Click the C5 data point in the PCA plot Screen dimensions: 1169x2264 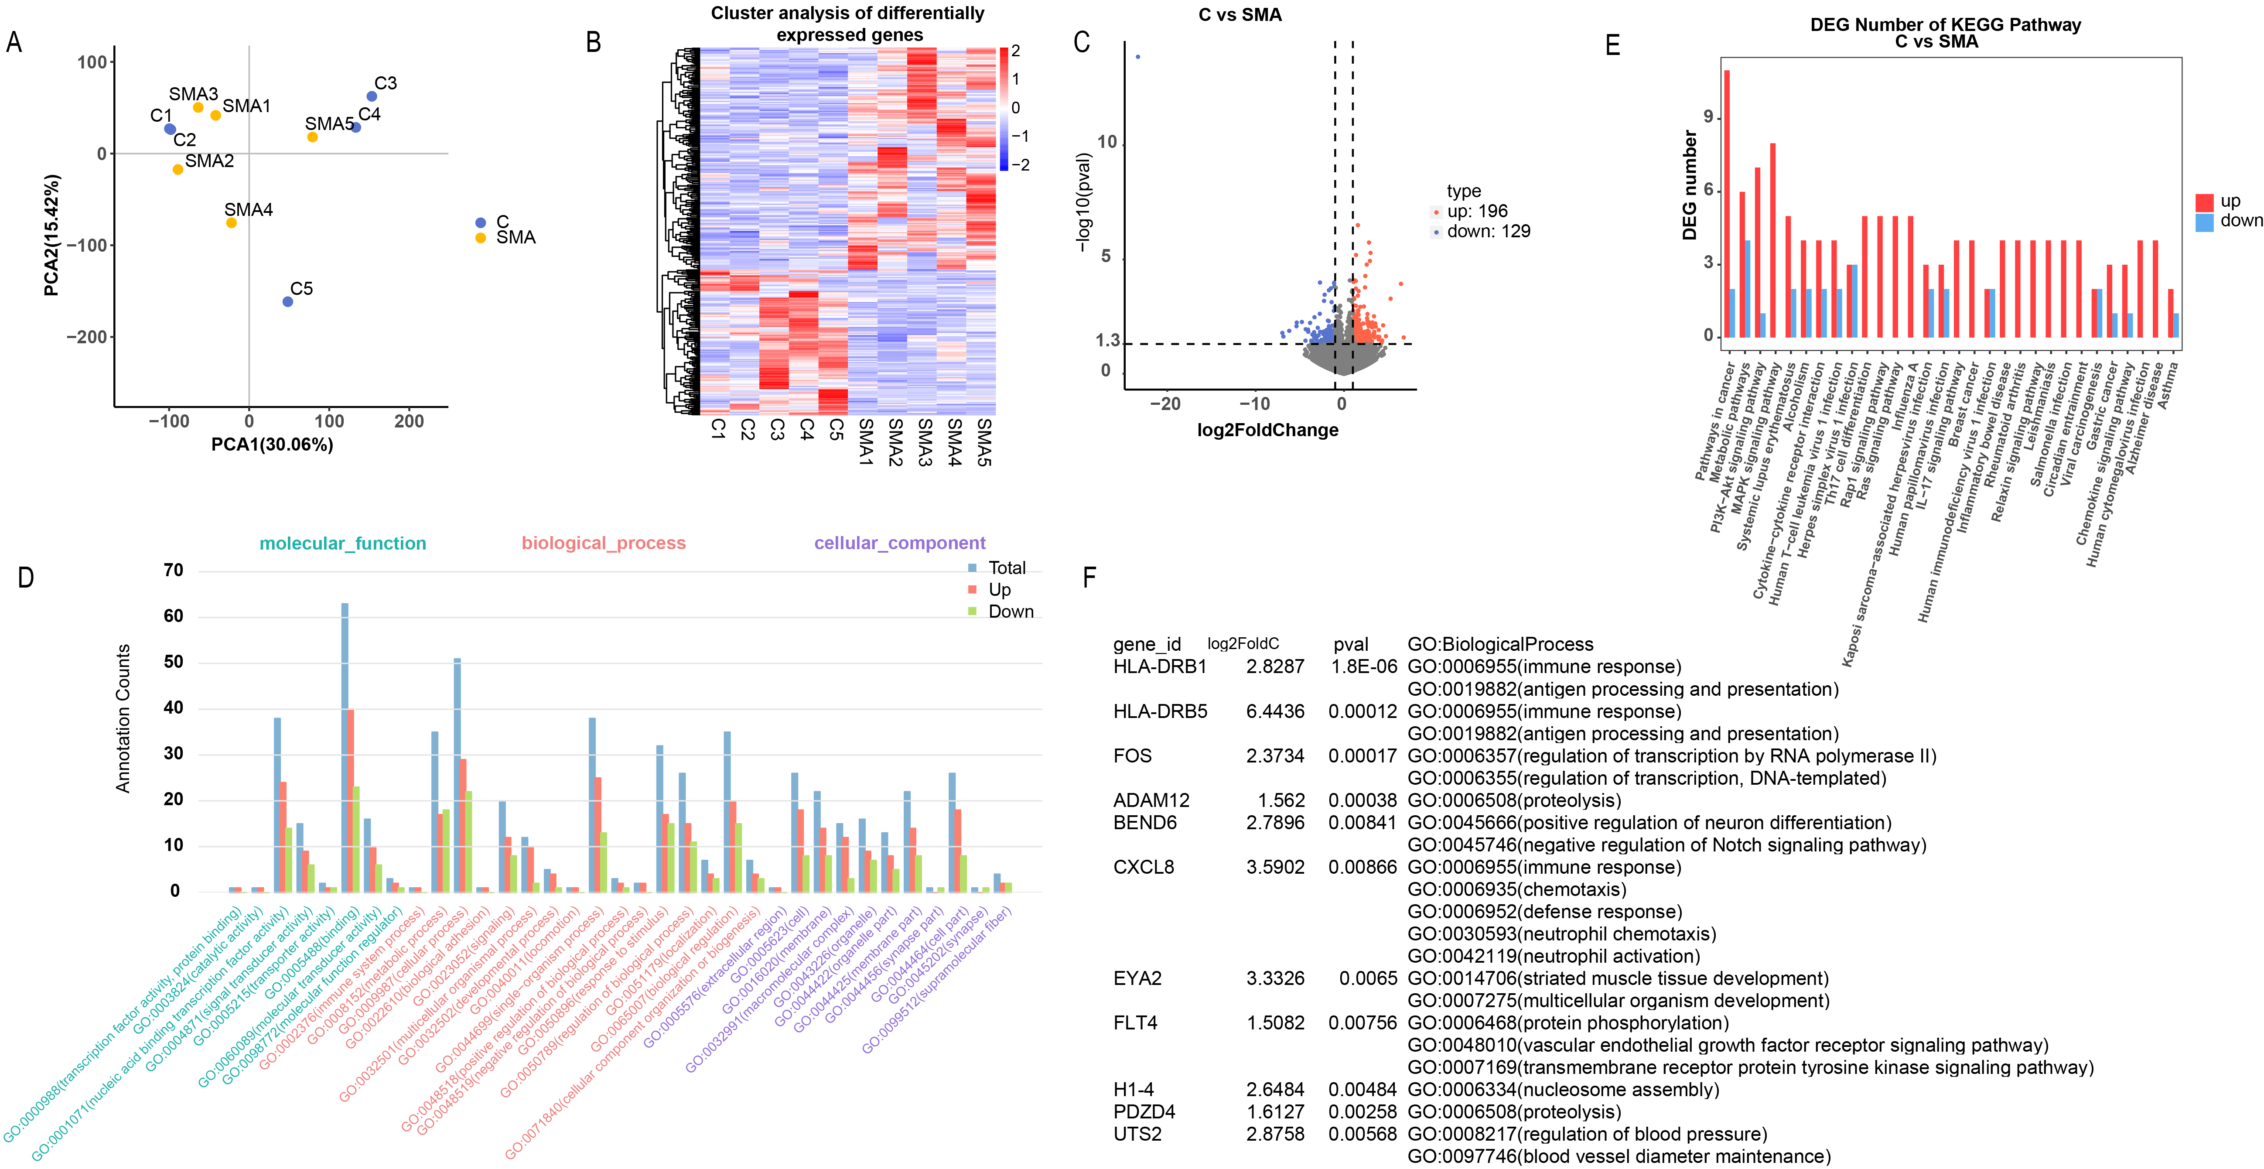pos(287,301)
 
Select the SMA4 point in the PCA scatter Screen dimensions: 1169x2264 pos(231,222)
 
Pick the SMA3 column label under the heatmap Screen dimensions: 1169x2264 pos(925,442)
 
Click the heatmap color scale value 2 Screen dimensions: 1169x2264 pos(1016,51)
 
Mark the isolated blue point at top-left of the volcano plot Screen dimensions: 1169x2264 pos(1138,57)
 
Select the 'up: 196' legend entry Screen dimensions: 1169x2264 pos(1476,211)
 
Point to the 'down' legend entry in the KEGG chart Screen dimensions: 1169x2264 pos(2240,221)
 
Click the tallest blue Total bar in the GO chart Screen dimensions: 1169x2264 pos(345,747)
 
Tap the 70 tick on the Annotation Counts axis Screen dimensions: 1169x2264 pos(173,571)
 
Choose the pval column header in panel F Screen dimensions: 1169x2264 pos(1351,644)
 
